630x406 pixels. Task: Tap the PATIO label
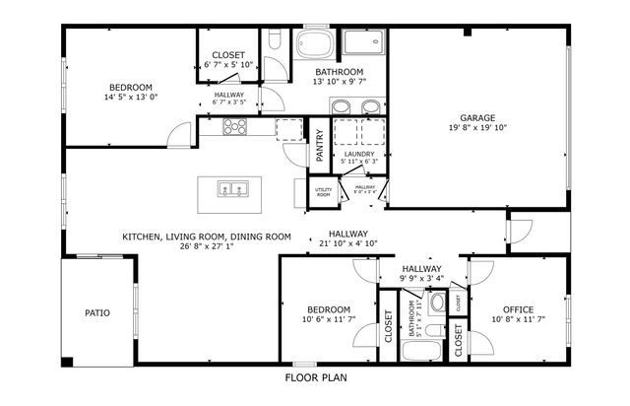pyautogui.click(x=96, y=313)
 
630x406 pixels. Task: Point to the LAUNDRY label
pyautogui.click(x=357, y=154)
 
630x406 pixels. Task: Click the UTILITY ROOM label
pyautogui.click(x=323, y=191)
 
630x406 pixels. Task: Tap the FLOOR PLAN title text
pyautogui.click(x=316, y=377)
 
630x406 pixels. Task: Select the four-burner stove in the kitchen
pyautogui.click(x=235, y=126)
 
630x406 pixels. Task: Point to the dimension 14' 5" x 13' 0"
pyautogui.click(x=131, y=98)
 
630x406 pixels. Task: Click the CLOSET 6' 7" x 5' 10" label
pyautogui.click(x=228, y=59)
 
